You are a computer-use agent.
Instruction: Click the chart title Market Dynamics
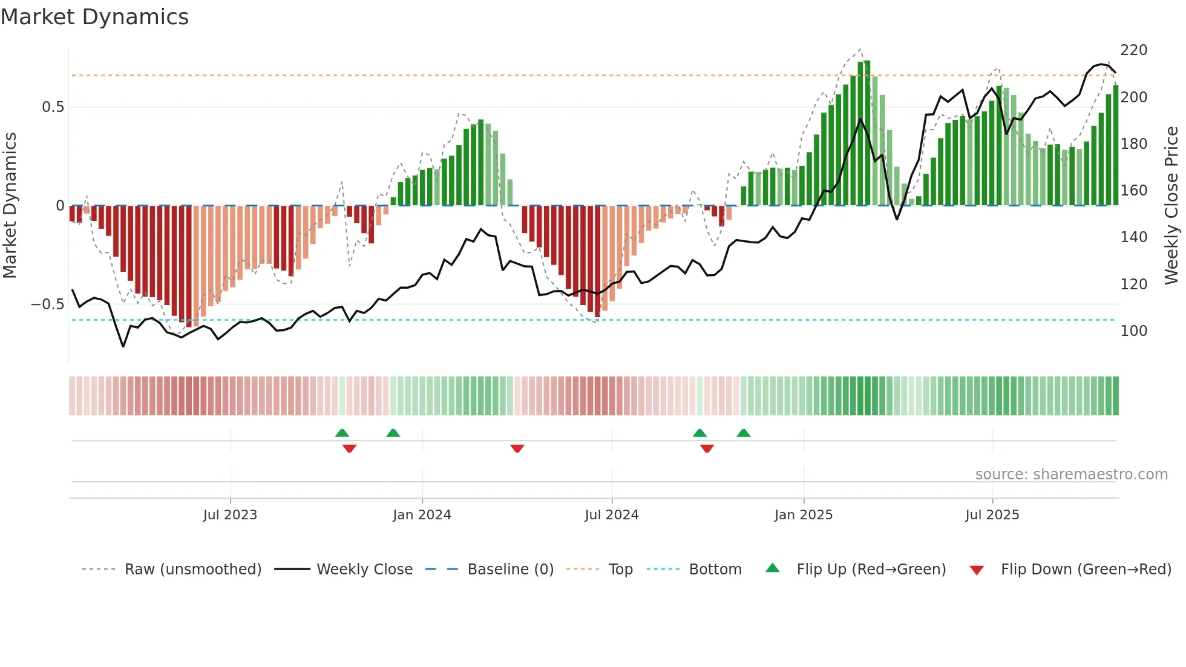[x=95, y=17]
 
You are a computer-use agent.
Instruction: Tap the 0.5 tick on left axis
[x=53, y=107]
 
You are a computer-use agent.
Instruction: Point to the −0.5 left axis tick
[x=48, y=304]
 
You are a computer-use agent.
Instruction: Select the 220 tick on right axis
[x=1133, y=50]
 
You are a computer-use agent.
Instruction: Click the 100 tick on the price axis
[x=1133, y=331]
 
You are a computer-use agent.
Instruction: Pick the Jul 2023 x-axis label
[x=230, y=515]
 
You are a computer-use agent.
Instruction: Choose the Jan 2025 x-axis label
[x=804, y=515]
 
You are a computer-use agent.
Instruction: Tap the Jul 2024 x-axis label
[x=612, y=515]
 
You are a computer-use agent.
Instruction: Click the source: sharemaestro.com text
[x=1071, y=475]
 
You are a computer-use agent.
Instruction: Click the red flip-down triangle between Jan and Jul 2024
[x=517, y=448]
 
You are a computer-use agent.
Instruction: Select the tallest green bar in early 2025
[x=868, y=133]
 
